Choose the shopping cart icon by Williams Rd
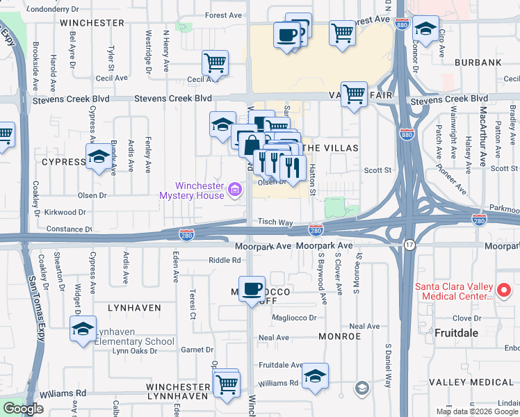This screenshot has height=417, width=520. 227,384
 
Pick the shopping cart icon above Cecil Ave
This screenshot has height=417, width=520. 216,63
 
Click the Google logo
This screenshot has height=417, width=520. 23,409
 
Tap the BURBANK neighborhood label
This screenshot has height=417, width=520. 478,63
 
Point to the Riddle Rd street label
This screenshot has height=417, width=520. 225,261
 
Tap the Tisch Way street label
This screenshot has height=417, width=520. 276,222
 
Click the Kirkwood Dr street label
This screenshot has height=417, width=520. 63,212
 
